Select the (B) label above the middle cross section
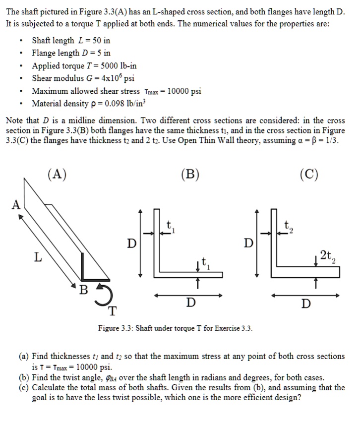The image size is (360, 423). (x=190, y=174)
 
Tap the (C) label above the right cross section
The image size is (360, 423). (x=309, y=174)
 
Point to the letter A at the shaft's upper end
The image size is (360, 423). (x=16, y=204)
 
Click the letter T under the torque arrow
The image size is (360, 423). (x=113, y=311)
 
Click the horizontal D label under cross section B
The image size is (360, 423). (x=190, y=302)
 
